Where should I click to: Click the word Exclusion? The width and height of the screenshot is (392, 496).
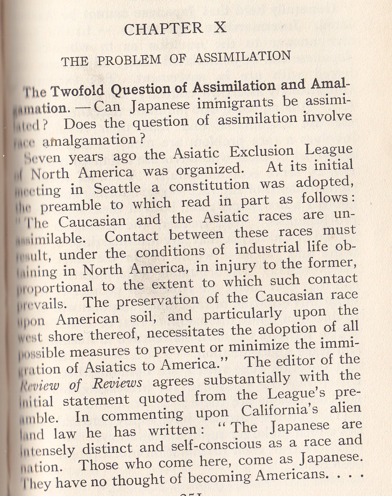coord(262,152)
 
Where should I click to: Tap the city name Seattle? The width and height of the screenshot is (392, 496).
coord(117,188)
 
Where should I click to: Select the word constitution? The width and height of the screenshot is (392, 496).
coord(209,185)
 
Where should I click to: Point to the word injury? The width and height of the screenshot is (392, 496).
coord(235,266)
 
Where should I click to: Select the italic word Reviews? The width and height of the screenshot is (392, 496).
coord(117,383)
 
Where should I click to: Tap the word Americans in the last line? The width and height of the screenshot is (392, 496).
coord(290,475)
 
